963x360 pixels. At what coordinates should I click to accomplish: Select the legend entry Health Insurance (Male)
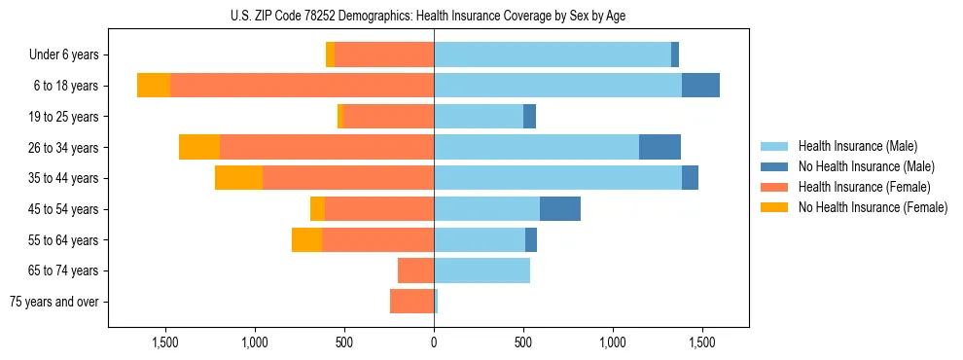(857, 146)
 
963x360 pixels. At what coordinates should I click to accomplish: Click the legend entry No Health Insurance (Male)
(866, 166)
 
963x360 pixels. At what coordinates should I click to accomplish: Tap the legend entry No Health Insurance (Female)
(873, 207)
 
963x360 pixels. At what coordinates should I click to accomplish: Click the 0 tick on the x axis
(434, 342)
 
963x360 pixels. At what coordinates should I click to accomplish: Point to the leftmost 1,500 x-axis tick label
(165, 342)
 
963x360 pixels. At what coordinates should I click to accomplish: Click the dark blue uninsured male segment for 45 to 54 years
(559, 209)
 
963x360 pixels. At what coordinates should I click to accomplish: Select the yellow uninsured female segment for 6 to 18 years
(154, 86)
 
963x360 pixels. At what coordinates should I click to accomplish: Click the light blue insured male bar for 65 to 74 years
(481, 270)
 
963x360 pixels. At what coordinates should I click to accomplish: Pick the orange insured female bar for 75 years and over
(411, 302)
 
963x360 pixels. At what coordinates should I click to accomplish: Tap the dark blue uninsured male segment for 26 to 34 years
(660, 147)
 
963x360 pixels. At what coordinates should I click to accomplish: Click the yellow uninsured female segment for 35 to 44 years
(238, 178)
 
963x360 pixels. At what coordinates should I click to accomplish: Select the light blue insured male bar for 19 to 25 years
(479, 117)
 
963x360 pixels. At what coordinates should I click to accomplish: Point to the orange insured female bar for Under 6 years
(384, 55)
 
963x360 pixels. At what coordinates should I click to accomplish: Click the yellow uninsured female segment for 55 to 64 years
(306, 239)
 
